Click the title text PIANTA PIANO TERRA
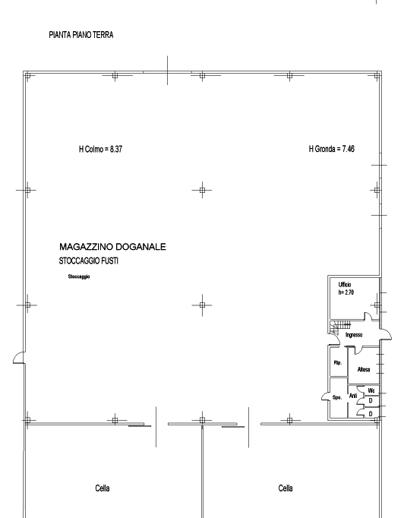81,35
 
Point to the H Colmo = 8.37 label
100,150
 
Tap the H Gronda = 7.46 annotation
332,149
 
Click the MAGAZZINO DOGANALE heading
112,247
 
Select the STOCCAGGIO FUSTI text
89,261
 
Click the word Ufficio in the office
345,284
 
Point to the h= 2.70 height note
346,292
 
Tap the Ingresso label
354,335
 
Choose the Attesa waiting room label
364,370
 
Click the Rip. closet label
338,363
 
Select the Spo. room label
337,398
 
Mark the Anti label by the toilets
353,396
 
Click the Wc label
371,391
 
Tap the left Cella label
103,488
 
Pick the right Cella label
286,488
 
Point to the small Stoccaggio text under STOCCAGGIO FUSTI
79,276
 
